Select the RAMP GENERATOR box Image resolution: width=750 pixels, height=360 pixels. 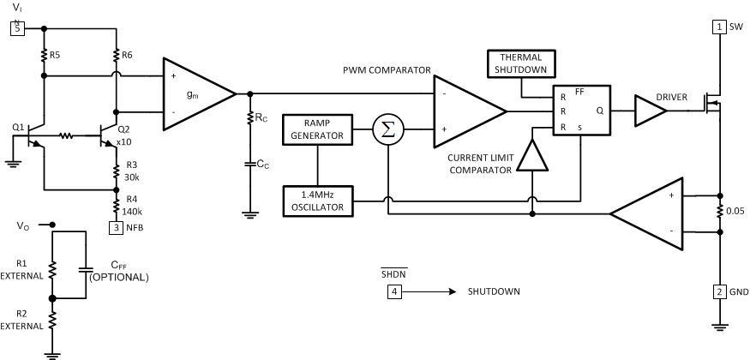click(x=318, y=129)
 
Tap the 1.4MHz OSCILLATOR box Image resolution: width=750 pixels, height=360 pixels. click(x=318, y=201)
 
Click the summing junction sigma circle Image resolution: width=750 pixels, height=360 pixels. click(x=387, y=129)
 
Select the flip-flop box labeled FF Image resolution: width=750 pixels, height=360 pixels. click(x=581, y=111)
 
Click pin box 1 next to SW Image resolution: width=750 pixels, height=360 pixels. click(x=718, y=27)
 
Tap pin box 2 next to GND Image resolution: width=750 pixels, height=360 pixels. click(x=718, y=292)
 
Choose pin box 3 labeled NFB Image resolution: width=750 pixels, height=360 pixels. click(x=117, y=227)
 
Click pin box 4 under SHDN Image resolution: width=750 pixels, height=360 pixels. click(x=394, y=291)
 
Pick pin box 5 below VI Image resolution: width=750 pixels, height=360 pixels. click(x=16, y=27)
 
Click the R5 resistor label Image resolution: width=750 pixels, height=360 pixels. click(x=55, y=55)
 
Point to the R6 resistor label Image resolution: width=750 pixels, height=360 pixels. click(x=128, y=55)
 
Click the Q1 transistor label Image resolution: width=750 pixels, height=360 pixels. click(x=18, y=127)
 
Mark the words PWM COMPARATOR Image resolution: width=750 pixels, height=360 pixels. click(x=386, y=70)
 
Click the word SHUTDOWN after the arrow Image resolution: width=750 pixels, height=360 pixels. click(x=493, y=291)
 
